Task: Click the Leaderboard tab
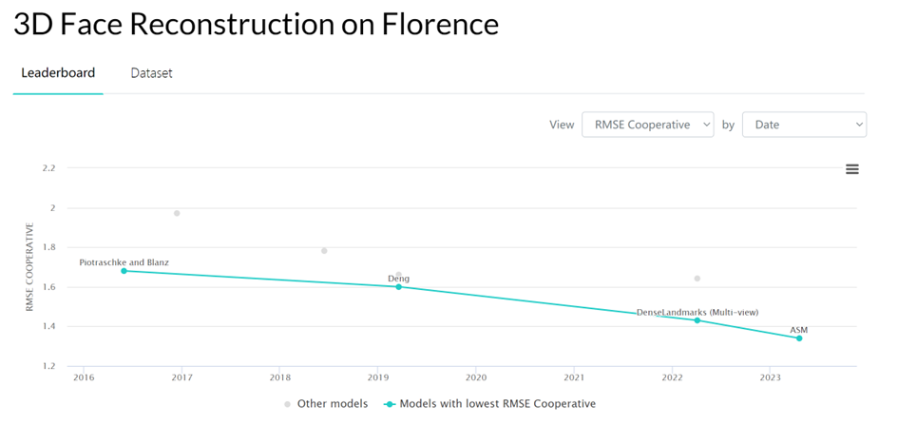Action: tap(58, 73)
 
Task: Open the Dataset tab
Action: tap(151, 73)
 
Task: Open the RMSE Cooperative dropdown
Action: tap(647, 125)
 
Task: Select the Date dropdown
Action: tap(804, 125)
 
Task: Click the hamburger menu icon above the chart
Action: tap(852, 169)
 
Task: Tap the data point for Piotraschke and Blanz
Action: tap(124, 271)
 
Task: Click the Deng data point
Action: tap(398, 286)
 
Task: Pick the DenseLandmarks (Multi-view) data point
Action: tap(697, 320)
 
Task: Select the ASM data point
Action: tap(799, 338)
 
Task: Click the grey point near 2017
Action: tap(177, 213)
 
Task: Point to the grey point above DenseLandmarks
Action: tap(697, 279)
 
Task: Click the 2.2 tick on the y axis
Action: tap(48, 168)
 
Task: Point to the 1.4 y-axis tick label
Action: tap(48, 326)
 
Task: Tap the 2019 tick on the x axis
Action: tap(377, 377)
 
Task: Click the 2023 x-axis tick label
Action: tap(770, 377)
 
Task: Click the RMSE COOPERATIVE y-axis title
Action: tap(29, 267)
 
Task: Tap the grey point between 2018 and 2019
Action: tap(324, 251)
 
